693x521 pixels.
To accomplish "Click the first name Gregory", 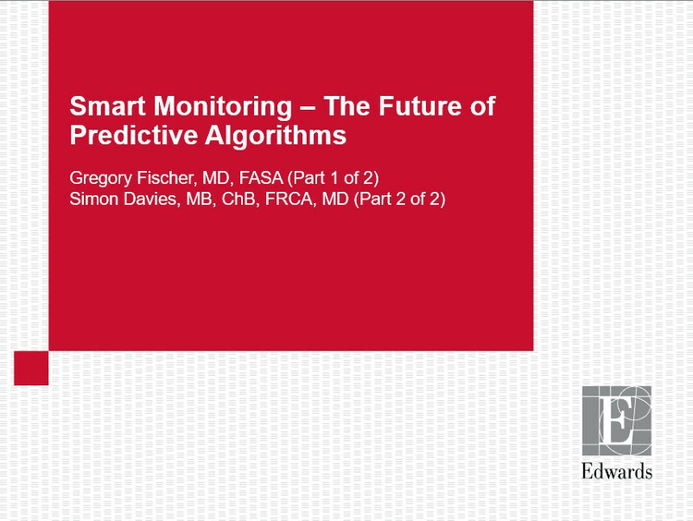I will click(x=100, y=176).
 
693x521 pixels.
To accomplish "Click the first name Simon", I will click(x=93, y=198).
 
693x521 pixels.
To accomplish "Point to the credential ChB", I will click(x=232, y=198).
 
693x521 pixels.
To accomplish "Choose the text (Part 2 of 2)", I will click(x=401, y=198).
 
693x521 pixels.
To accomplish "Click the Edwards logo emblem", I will click(x=616, y=420).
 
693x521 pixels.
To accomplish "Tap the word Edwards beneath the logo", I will click(x=616, y=471).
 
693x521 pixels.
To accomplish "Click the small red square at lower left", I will click(x=30, y=368).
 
